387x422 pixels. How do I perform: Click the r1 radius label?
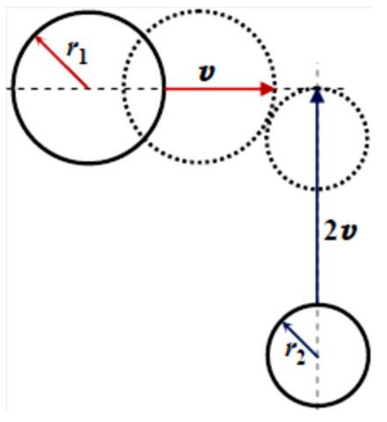[x=77, y=53]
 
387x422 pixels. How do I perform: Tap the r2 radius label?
[x=295, y=354]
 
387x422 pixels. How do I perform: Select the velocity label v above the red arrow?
[x=207, y=73]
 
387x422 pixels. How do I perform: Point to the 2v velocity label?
[x=340, y=231]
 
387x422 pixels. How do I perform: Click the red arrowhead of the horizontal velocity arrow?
[x=268, y=89]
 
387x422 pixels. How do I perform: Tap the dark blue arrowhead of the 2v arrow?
[x=317, y=95]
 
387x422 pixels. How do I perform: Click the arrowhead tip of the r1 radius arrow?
[x=36, y=37]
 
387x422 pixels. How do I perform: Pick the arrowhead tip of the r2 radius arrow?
[x=283, y=323]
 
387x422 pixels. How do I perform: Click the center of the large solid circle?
[x=87, y=88]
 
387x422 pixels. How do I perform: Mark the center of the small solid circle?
[x=318, y=357]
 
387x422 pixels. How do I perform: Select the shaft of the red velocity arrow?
[x=213, y=89]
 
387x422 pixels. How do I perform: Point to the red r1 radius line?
[x=61, y=62]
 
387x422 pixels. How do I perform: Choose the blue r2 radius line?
[x=301, y=340]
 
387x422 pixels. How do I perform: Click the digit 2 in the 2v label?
[x=330, y=231]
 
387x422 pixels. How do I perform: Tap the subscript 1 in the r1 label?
[x=83, y=57]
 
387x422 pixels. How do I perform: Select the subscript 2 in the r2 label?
[x=301, y=359]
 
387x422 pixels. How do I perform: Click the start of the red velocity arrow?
[x=165, y=89]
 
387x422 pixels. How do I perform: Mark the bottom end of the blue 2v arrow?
[x=317, y=304]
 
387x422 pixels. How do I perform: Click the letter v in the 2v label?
[x=348, y=232]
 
